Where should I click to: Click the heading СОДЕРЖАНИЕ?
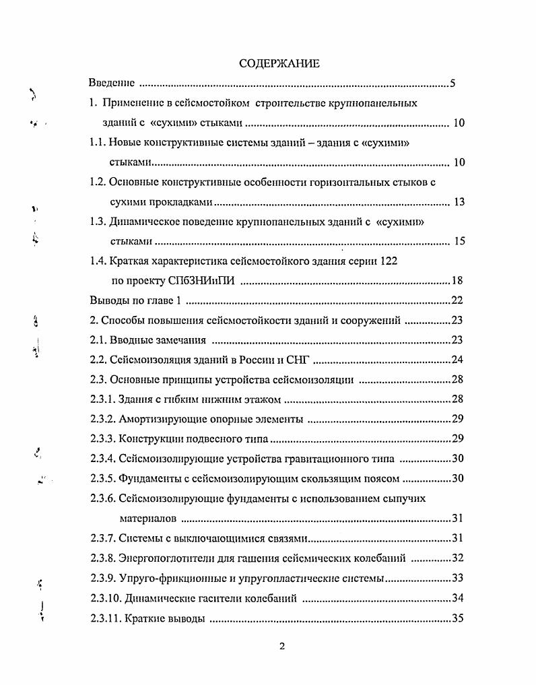pos(279,63)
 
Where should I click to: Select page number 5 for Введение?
pos(453,84)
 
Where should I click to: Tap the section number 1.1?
pos(98,143)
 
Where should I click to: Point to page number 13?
pos(459,202)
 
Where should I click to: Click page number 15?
pos(459,241)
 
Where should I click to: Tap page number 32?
pos(457,558)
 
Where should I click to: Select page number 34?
pos(457,598)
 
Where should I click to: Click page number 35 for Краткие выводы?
pos(457,618)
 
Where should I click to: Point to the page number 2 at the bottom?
pos(282,647)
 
